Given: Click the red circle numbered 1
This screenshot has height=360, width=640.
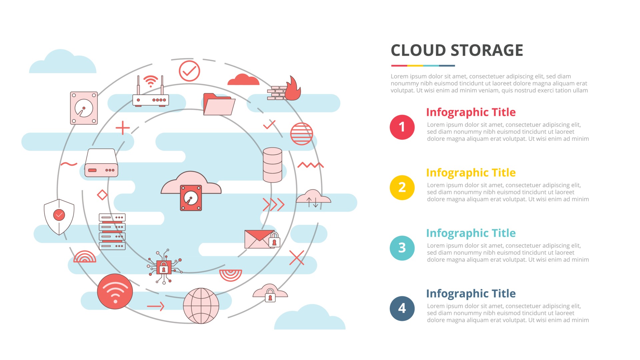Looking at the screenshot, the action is pyautogui.click(x=402, y=127).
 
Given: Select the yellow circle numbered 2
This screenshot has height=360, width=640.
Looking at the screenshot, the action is pyautogui.click(x=402, y=187).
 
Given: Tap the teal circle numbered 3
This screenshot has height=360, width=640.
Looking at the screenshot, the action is pyautogui.click(x=402, y=248).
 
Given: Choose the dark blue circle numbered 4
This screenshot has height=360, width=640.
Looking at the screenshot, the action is pyautogui.click(x=402, y=308).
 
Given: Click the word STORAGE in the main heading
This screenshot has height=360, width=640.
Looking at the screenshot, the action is pyautogui.click(x=487, y=50).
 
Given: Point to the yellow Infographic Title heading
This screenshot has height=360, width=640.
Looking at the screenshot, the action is pyautogui.click(x=471, y=173).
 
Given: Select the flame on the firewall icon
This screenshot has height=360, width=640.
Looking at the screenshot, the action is pyautogui.click(x=293, y=88).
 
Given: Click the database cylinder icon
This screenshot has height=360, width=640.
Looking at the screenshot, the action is pyautogui.click(x=272, y=165).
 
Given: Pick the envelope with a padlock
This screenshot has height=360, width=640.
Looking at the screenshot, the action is pyautogui.click(x=262, y=239).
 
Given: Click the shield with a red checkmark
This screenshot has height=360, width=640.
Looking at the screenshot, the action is pyautogui.click(x=59, y=217).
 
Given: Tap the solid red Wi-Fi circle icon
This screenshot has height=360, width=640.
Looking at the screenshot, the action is pyautogui.click(x=115, y=291).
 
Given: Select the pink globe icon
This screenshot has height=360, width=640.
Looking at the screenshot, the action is pyautogui.click(x=201, y=306).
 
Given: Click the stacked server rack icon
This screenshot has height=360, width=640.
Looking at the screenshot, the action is pyautogui.click(x=112, y=232).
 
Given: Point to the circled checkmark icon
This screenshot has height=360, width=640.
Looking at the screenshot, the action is pyautogui.click(x=189, y=71).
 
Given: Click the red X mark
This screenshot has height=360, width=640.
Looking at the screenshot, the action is pyautogui.click(x=297, y=258).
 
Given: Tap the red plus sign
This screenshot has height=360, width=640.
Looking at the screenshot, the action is pyautogui.click(x=123, y=128).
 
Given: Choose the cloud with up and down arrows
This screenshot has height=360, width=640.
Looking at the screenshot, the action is pyautogui.click(x=313, y=198).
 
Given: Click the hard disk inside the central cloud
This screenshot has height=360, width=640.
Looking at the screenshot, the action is pyautogui.click(x=191, y=198).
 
